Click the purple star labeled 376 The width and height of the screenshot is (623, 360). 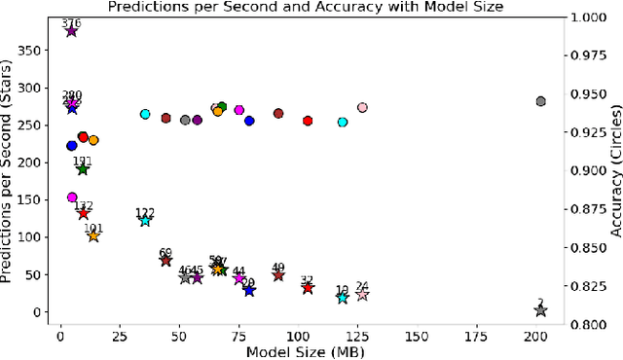(x=71, y=31)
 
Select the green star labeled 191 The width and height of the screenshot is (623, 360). (x=83, y=169)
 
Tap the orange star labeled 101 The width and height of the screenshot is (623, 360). (x=93, y=235)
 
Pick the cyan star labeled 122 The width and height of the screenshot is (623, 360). (x=145, y=221)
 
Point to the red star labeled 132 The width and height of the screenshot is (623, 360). (x=84, y=213)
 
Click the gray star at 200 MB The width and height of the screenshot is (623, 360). (x=540, y=310)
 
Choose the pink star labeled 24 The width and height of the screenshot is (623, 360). (x=362, y=295)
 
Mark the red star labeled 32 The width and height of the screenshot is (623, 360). (x=308, y=288)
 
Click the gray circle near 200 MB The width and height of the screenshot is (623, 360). (x=541, y=101)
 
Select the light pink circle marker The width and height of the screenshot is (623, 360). (x=362, y=108)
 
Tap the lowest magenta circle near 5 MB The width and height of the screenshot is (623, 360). (x=72, y=198)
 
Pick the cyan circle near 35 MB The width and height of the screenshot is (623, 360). (x=145, y=114)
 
